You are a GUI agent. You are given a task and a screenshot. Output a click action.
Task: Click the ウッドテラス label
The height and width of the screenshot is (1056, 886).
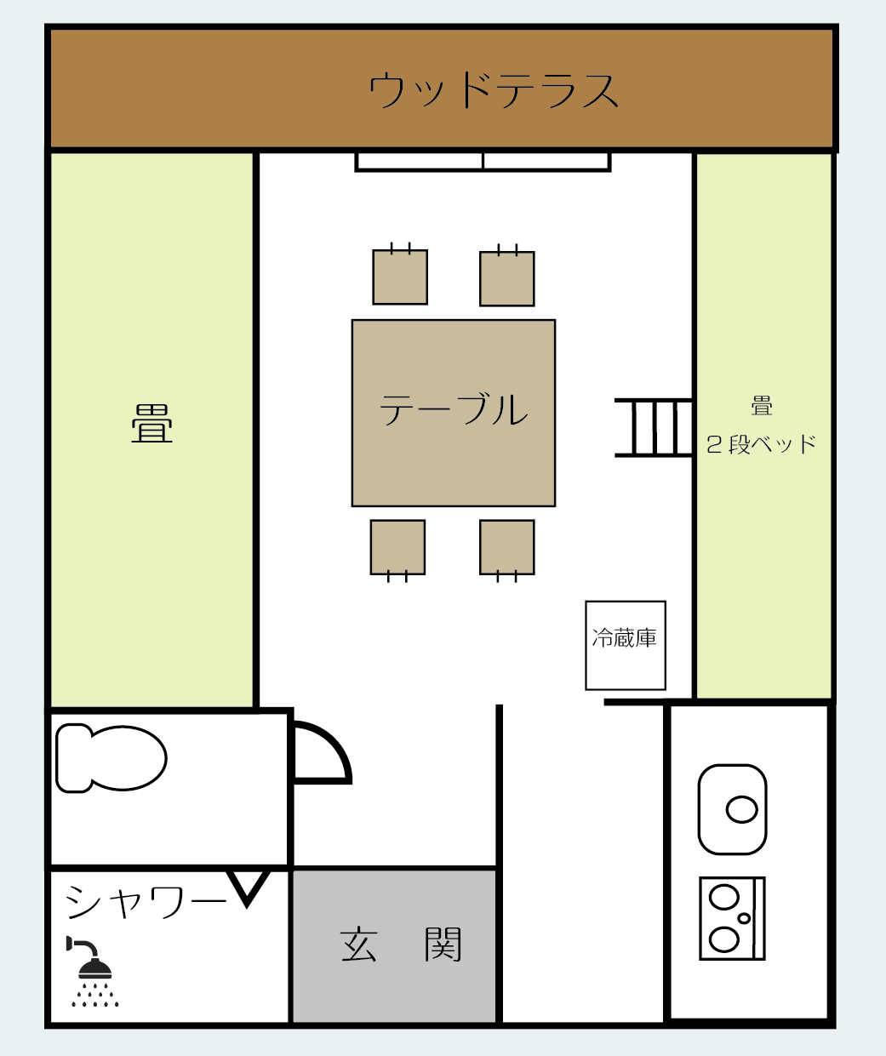(x=494, y=90)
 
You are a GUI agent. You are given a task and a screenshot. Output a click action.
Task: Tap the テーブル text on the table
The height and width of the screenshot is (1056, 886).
(x=454, y=409)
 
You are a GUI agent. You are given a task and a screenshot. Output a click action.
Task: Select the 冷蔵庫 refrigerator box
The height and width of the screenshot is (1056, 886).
(x=626, y=645)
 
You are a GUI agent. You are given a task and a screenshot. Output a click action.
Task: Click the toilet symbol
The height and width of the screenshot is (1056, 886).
(x=111, y=757)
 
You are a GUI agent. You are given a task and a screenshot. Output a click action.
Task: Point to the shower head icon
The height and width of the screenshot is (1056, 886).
(x=93, y=971)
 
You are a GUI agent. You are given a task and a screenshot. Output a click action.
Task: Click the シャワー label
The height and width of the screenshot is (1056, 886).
(x=146, y=902)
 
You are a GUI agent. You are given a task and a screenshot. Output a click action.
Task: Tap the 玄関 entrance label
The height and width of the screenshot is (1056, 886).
(x=400, y=945)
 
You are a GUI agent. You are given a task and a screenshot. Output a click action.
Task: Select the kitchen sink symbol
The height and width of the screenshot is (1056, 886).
(x=732, y=809)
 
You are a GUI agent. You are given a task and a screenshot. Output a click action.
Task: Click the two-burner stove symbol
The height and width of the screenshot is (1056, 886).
(x=732, y=918)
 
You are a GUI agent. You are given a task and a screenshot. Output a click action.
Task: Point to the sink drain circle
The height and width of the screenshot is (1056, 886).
(x=742, y=809)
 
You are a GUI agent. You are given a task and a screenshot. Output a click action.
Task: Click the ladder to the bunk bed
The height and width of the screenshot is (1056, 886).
(x=654, y=428)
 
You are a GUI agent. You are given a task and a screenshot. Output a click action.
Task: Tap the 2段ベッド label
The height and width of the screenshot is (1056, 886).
(x=761, y=445)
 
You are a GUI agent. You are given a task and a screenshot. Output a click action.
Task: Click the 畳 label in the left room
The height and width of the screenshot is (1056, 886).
(x=151, y=423)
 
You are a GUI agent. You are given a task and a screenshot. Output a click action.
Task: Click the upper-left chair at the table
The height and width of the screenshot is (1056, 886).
(x=400, y=277)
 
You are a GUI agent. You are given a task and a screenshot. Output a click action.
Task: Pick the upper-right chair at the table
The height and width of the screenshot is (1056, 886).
(x=507, y=278)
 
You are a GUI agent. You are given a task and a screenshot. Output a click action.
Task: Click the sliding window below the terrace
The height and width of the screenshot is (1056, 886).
(x=483, y=162)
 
